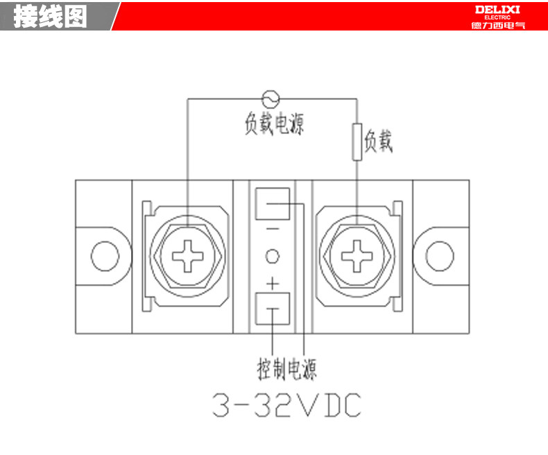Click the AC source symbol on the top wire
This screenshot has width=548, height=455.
click(x=271, y=99)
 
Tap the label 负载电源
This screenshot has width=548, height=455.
click(x=274, y=123)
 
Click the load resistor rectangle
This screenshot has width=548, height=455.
click(x=357, y=142)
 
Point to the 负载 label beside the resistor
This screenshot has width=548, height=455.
click(x=379, y=141)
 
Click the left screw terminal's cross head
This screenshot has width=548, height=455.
click(x=188, y=256)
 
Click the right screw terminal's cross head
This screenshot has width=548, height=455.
click(x=357, y=256)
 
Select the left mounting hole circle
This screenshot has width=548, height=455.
click(x=105, y=256)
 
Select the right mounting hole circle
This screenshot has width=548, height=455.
click(x=440, y=256)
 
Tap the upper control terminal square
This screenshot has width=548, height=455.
click(x=273, y=204)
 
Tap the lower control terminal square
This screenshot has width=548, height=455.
click(x=273, y=309)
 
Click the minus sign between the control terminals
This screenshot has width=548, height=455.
click(x=273, y=230)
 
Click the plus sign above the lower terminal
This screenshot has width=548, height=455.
click(x=273, y=284)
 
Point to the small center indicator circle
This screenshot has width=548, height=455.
click(x=273, y=256)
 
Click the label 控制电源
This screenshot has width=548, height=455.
click(x=287, y=370)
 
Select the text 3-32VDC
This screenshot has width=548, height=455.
click(x=286, y=405)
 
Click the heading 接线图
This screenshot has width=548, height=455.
click(x=51, y=17)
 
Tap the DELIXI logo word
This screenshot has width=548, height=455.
click(x=497, y=10)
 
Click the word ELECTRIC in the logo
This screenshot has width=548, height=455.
click(x=497, y=17)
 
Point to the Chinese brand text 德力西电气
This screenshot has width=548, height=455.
click(x=498, y=25)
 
